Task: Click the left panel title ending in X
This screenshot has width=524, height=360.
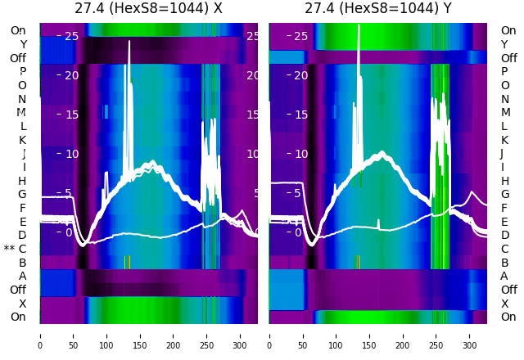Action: point(148,9)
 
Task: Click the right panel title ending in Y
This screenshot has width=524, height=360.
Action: point(377,9)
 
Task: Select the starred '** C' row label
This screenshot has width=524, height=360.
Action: point(16,249)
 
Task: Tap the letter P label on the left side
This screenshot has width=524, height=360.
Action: point(22,71)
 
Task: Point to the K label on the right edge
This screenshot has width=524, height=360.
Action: point(504,140)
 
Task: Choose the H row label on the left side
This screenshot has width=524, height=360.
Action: point(22,181)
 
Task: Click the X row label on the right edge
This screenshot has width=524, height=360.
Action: point(504,304)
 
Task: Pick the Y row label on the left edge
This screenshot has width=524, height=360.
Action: point(23,44)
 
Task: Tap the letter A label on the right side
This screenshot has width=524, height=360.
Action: point(504,276)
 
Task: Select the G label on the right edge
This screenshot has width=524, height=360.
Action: point(504,194)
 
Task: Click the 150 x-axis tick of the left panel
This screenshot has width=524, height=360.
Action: point(140,335)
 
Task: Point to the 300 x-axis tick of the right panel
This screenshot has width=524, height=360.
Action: point(470,335)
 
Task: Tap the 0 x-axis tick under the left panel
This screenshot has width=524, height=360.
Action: point(40,335)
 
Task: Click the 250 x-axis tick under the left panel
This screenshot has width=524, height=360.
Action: point(207,335)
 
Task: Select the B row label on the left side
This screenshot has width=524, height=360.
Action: point(22,263)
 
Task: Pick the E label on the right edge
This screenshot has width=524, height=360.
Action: point(504,222)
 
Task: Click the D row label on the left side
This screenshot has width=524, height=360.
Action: point(22,235)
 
